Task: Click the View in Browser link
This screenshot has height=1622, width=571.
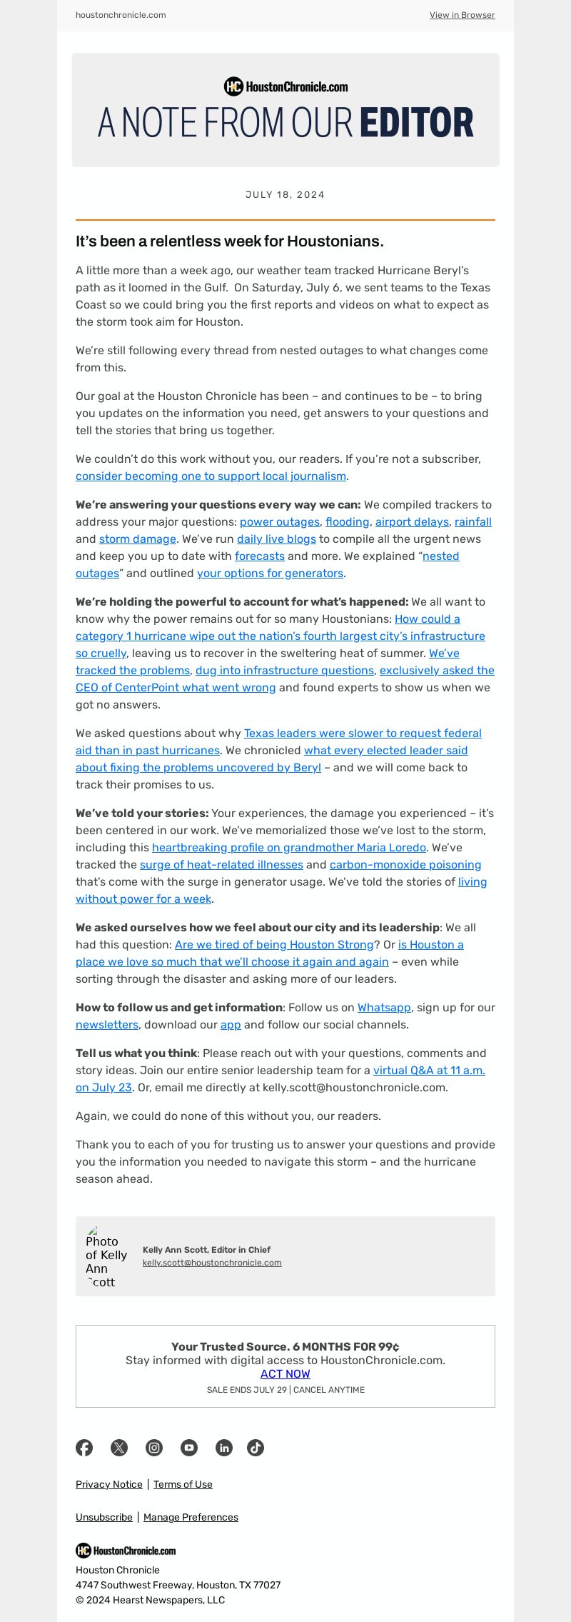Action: click(x=462, y=15)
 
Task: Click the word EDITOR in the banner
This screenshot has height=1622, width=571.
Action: click(x=416, y=123)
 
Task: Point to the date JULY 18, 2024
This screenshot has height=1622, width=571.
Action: click(x=285, y=195)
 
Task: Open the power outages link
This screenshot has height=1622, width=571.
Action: click(x=279, y=522)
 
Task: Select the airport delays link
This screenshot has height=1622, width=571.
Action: click(x=412, y=522)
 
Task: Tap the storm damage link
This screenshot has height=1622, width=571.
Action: click(x=137, y=539)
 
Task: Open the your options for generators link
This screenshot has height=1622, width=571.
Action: click(x=270, y=574)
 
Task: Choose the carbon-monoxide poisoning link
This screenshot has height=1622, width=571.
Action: click(x=405, y=865)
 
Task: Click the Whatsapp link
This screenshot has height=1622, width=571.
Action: click(x=384, y=1008)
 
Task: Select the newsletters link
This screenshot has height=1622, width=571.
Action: click(x=107, y=1025)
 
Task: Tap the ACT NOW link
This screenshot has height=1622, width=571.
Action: click(x=285, y=1374)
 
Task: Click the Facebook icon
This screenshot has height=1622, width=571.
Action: click(x=84, y=1448)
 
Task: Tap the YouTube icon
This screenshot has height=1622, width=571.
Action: click(x=189, y=1448)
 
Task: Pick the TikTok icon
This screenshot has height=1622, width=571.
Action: click(x=256, y=1448)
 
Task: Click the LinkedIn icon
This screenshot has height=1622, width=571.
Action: click(x=224, y=1448)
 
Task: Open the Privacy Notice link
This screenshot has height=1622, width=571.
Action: click(x=109, y=1484)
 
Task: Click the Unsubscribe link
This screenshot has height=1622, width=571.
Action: click(x=104, y=1517)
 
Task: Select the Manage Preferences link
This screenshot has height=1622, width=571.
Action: click(x=191, y=1517)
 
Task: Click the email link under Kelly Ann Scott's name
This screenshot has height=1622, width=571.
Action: click(x=212, y=1263)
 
